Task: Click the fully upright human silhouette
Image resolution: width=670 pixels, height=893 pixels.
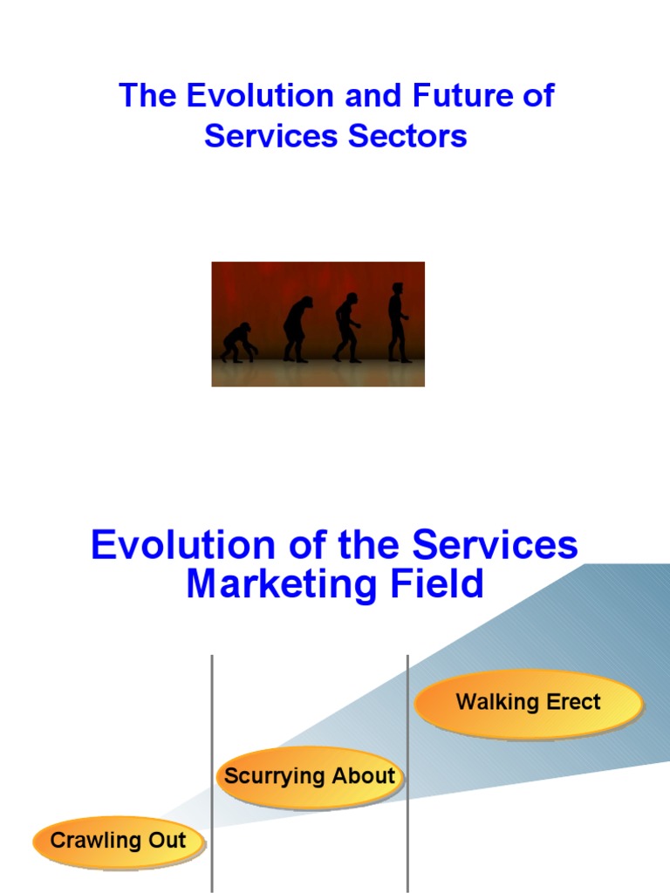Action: coord(398,324)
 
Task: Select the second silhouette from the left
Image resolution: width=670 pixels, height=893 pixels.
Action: coord(297,330)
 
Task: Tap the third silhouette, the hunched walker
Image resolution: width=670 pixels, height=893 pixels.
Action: coord(347,328)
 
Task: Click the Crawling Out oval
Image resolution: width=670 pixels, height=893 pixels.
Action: coord(119,842)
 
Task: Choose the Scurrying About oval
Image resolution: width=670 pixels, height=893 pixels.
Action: coord(310,776)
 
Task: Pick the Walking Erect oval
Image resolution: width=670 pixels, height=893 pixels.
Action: coord(528,702)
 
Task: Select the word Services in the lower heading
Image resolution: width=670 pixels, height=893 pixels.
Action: coord(495,546)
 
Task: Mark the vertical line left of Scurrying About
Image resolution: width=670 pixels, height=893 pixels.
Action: coord(212,698)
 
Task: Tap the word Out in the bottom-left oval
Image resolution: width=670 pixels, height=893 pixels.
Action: coord(168,842)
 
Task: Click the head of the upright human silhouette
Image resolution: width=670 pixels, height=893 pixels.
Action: coord(398,289)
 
